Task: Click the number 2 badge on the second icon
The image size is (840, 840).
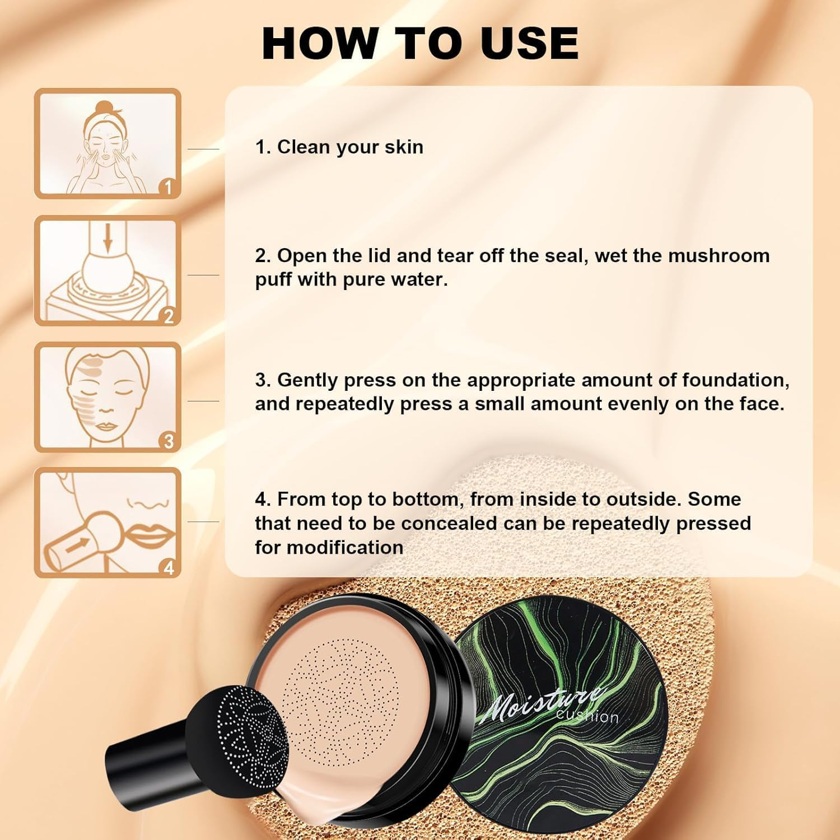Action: (x=169, y=316)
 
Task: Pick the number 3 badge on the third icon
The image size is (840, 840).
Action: (x=169, y=442)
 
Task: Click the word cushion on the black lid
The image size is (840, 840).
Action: (x=587, y=716)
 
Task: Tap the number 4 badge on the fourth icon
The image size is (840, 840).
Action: (x=169, y=568)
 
